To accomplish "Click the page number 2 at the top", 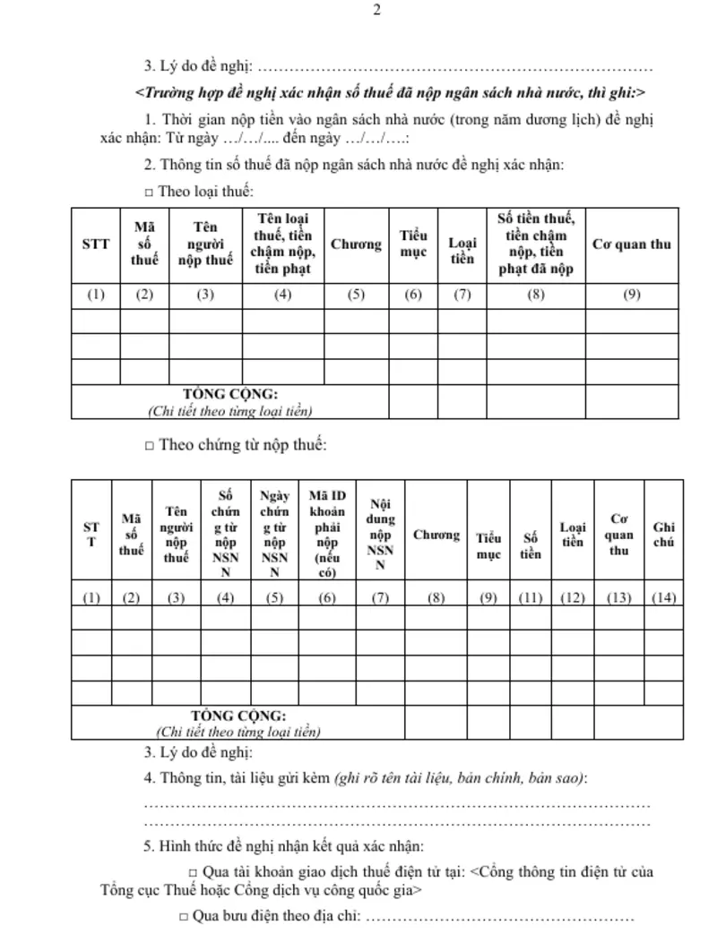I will click(x=377, y=11).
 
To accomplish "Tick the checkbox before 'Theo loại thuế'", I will click(x=149, y=193).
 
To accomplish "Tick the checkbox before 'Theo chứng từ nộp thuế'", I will click(x=149, y=445).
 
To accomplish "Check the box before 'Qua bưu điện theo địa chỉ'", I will click(x=183, y=917).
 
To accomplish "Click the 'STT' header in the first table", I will click(x=96, y=244).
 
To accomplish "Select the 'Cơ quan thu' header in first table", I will click(x=632, y=244).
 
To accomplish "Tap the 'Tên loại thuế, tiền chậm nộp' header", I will click(x=283, y=244).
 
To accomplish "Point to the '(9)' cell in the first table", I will click(x=632, y=296).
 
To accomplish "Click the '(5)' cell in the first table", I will click(x=356, y=296).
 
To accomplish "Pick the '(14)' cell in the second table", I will click(x=664, y=598).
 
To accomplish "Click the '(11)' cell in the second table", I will click(x=531, y=598).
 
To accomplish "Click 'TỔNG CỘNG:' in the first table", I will click(x=230, y=394).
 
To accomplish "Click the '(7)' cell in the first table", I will click(x=462, y=296).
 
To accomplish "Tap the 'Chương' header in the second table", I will click(x=436, y=535).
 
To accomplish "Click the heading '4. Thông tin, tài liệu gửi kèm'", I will click(x=238, y=777).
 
